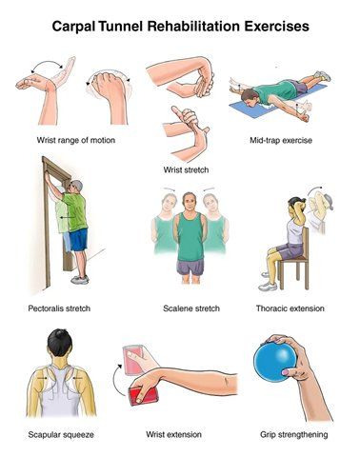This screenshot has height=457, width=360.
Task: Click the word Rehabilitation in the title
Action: (193, 26)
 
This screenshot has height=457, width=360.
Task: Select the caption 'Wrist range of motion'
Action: (76, 140)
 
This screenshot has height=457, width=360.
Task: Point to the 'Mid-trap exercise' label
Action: (281, 140)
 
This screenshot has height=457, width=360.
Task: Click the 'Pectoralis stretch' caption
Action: (59, 308)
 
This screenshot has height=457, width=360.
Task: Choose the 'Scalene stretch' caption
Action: (191, 308)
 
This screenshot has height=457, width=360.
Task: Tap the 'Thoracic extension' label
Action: (290, 308)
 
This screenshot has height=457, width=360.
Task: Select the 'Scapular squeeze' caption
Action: (61, 434)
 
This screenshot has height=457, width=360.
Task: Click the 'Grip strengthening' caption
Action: (294, 434)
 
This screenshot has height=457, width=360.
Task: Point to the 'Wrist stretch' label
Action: (186, 169)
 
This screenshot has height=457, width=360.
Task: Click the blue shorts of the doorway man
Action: (78, 240)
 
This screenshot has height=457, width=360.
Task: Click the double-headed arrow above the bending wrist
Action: (47, 65)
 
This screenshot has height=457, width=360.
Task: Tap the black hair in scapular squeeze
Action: (60, 343)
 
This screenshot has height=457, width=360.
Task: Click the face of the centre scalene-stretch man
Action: (189, 204)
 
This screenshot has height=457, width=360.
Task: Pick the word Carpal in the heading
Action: (73, 27)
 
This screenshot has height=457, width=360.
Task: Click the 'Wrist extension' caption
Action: (173, 434)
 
